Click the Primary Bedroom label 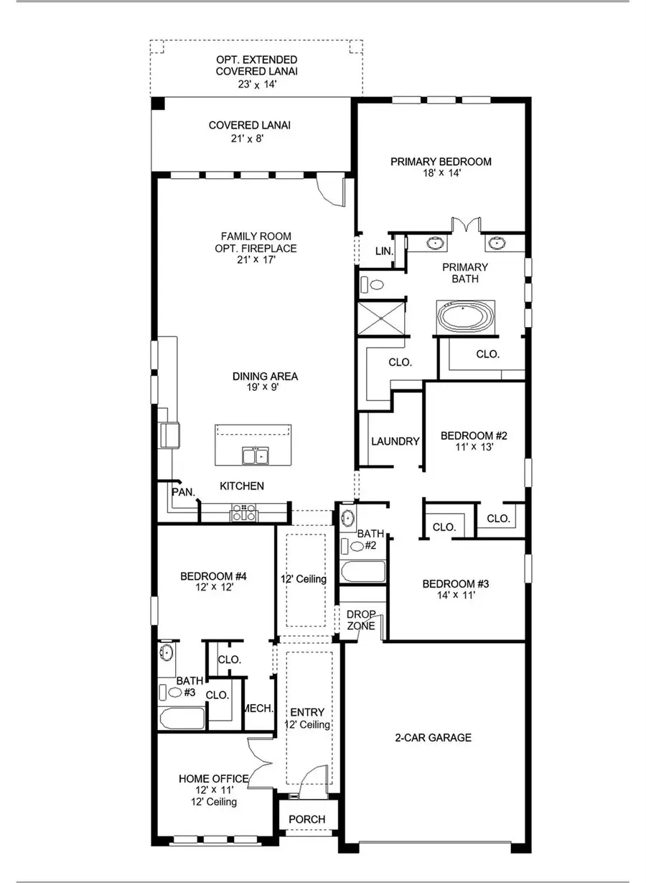(x=441, y=162)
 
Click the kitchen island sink (x=253, y=455)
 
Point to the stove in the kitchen (x=243, y=512)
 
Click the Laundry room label (x=395, y=441)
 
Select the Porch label (x=307, y=819)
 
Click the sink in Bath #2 (x=348, y=517)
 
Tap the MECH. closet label (x=258, y=708)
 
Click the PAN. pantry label (x=179, y=491)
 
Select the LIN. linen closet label (x=384, y=251)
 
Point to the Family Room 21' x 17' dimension (x=246, y=260)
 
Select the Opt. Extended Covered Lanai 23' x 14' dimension (x=247, y=84)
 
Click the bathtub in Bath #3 (x=182, y=718)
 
